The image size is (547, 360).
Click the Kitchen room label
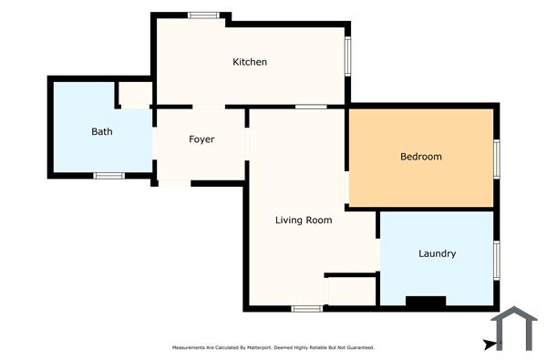tap(250, 62)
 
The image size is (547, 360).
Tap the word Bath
tap(102, 132)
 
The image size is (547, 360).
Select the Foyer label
tap(201, 139)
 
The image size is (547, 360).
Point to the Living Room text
tap(304, 220)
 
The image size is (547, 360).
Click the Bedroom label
tap(421, 157)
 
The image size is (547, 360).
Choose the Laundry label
tap(438, 253)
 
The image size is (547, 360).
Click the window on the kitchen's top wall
tap(203, 15)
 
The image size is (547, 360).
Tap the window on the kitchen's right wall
tap(348, 57)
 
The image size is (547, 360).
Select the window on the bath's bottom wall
tap(108, 175)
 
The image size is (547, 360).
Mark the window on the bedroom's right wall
tap(497, 158)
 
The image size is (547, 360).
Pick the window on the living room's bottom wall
tap(307, 309)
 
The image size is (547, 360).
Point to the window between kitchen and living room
tap(312, 107)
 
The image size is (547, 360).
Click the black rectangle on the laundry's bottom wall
tap(426, 302)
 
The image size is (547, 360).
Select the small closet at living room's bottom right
tap(351, 290)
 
